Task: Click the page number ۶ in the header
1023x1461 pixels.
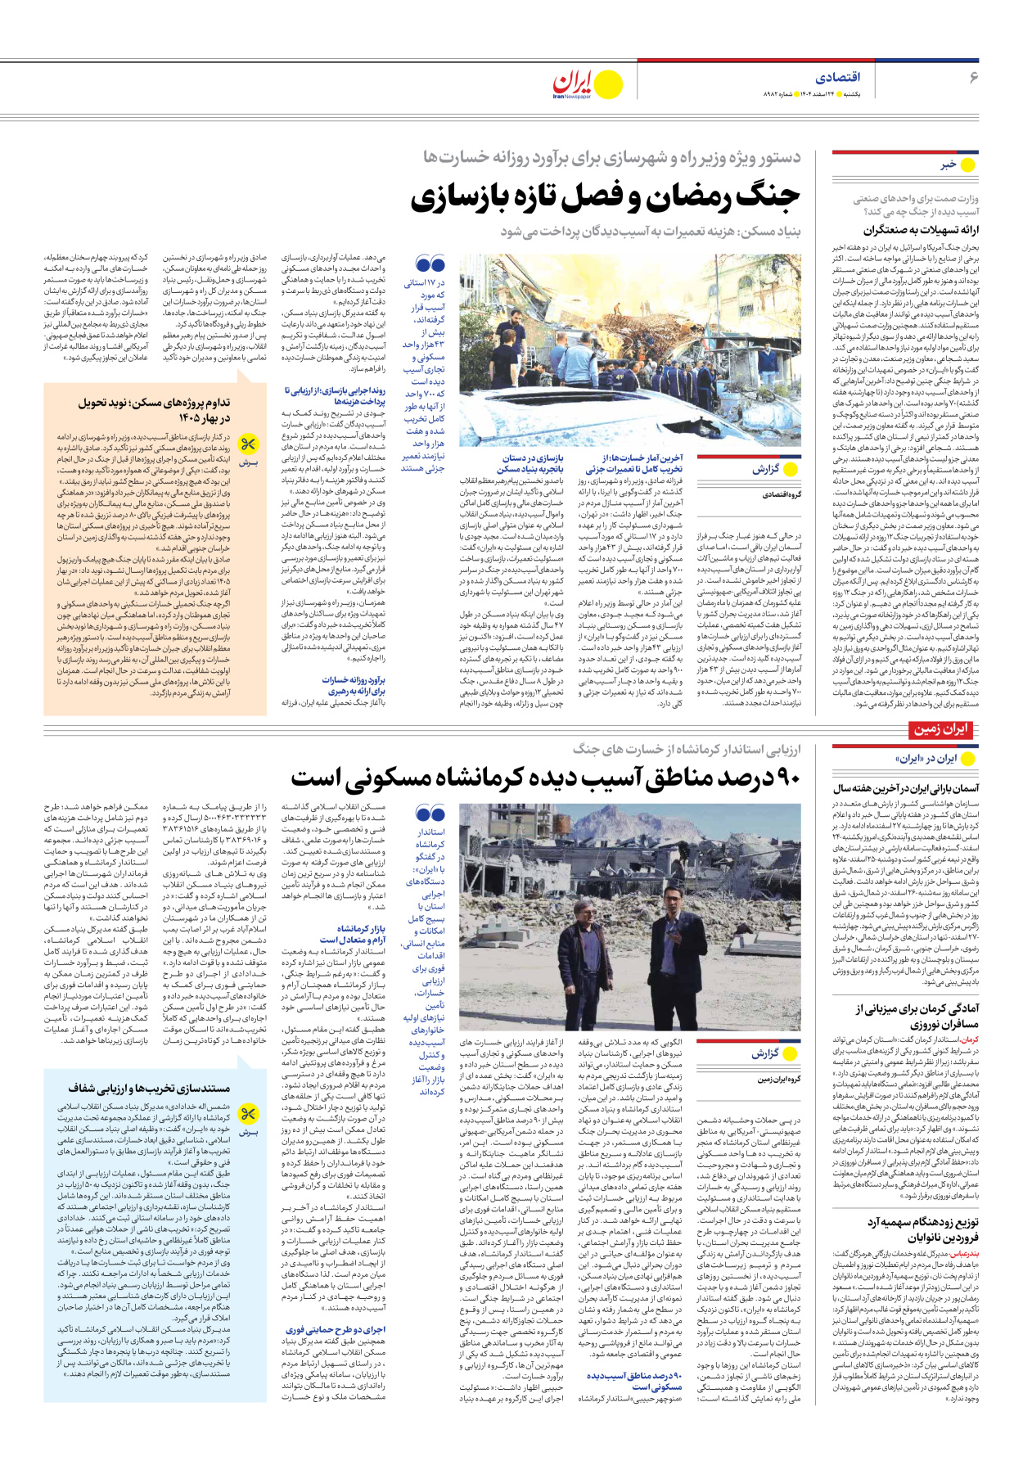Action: [973, 77]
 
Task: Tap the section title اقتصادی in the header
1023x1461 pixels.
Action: [838, 77]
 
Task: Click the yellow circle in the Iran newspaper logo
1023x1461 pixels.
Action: [607, 84]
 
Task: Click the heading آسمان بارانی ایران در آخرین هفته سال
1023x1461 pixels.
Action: [906, 788]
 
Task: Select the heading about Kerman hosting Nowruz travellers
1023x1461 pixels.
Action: [917, 1017]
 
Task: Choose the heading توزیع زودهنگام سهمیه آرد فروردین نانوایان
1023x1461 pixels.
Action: [923, 1229]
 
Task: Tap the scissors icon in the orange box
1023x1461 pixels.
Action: [248, 445]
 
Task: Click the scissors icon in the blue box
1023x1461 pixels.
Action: [248, 1114]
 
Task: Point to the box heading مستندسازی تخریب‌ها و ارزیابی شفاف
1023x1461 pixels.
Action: [149, 1089]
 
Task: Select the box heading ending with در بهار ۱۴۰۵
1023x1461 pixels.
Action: [155, 410]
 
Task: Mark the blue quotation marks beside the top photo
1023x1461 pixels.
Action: [430, 264]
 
